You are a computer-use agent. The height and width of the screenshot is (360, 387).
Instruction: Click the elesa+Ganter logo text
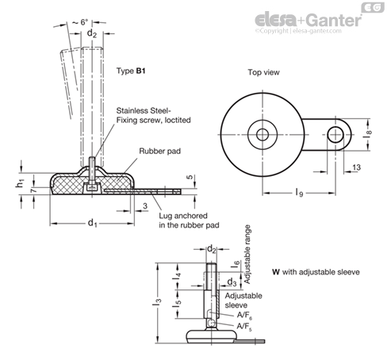click(308, 20)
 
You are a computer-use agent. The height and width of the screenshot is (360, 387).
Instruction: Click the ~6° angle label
click(80, 22)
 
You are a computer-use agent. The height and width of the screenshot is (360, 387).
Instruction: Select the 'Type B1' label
click(131, 71)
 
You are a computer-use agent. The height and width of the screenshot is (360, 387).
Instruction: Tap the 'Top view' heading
click(263, 72)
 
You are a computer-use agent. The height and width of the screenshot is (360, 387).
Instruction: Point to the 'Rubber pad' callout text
click(160, 151)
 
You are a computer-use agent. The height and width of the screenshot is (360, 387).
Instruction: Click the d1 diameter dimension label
click(92, 223)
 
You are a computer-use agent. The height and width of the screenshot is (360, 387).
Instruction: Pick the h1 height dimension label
click(20, 183)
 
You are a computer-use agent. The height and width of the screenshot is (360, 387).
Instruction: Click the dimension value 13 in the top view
click(356, 167)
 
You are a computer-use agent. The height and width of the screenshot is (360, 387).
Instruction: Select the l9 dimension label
click(299, 193)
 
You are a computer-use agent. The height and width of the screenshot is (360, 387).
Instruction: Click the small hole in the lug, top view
click(335, 135)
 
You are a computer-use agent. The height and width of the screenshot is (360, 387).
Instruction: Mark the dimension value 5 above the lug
click(190, 177)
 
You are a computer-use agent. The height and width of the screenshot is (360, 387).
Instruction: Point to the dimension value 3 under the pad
click(145, 206)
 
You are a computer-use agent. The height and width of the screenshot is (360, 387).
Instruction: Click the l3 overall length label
click(157, 302)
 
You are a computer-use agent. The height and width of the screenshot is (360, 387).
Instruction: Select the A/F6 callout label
click(244, 315)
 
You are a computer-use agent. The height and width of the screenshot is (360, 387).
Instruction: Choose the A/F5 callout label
click(244, 327)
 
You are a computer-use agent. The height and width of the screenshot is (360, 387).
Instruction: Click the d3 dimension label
click(232, 282)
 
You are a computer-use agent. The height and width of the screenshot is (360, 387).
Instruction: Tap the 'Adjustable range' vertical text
click(247, 255)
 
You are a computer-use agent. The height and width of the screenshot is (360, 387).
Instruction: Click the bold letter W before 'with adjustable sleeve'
click(276, 272)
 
